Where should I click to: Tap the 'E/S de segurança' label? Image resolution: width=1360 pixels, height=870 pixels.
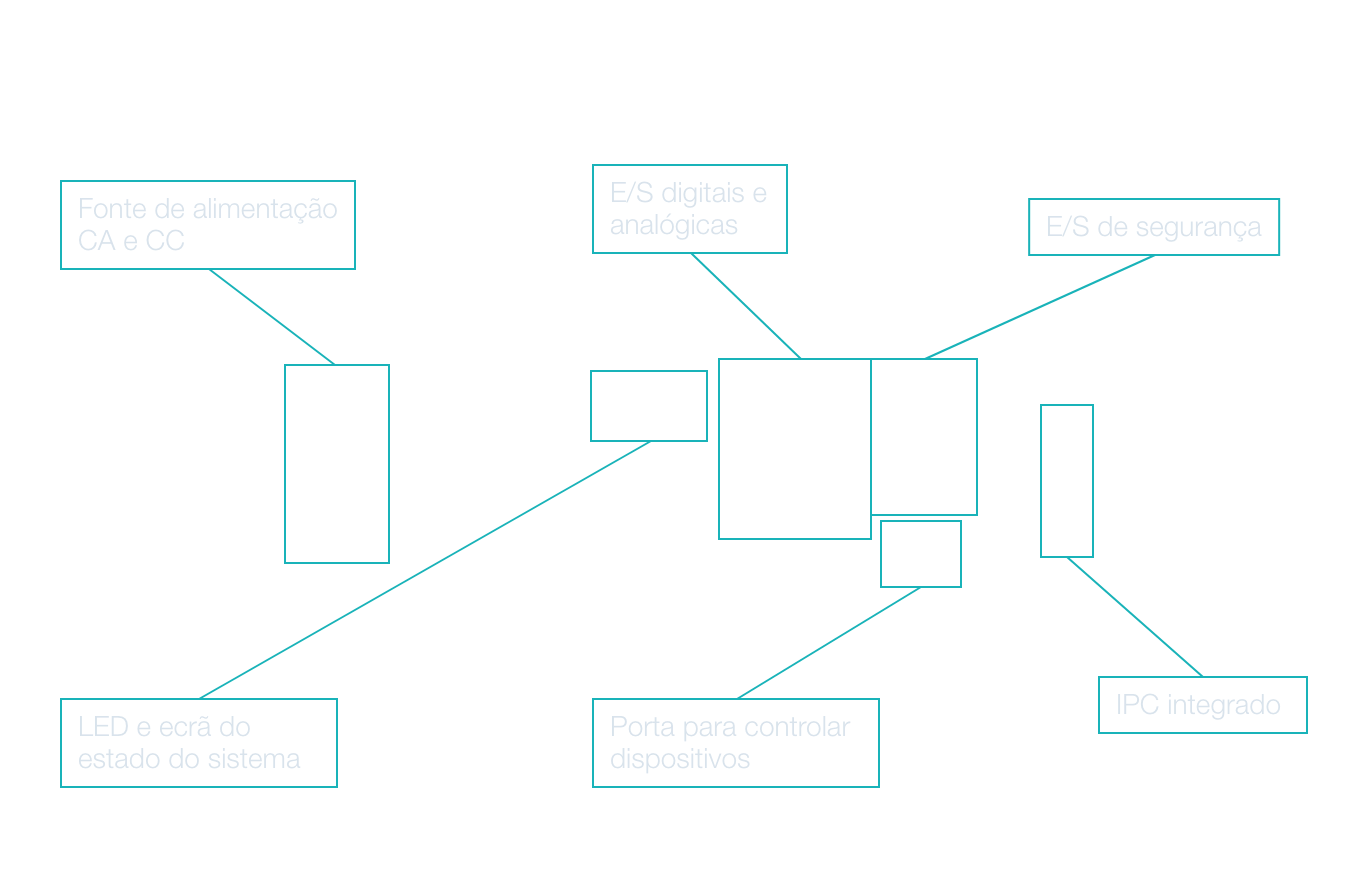[1154, 227]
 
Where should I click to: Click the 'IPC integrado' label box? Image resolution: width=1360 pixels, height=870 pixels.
[1202, 705]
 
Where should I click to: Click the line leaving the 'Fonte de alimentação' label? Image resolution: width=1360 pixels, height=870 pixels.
[271, 317]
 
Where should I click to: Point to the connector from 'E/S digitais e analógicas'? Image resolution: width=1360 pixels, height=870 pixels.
[745, 305]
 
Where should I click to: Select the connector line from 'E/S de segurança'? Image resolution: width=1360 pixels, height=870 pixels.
[1040, 307]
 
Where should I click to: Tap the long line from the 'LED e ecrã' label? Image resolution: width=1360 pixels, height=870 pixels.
[425, 570]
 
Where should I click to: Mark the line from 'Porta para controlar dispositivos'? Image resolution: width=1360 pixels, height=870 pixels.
[828, 643]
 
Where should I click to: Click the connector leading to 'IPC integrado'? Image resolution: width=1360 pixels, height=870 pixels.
[1134, 616]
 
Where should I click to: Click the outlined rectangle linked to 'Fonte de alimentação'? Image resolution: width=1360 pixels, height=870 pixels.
[337, 464]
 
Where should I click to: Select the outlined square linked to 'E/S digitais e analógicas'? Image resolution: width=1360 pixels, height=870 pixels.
[795, 449]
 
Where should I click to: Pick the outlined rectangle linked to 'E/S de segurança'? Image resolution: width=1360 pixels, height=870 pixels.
[924, 437]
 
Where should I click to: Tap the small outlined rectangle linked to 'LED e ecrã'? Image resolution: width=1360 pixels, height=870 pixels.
[649, 406]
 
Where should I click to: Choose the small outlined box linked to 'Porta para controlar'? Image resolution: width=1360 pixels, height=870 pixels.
[921, 554]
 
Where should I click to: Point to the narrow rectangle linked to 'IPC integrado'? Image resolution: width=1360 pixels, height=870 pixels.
[1067, 481]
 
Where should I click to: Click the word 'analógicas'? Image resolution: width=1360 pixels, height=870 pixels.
[673, 226]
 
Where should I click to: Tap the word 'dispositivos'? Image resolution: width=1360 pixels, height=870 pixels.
[680, 759]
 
